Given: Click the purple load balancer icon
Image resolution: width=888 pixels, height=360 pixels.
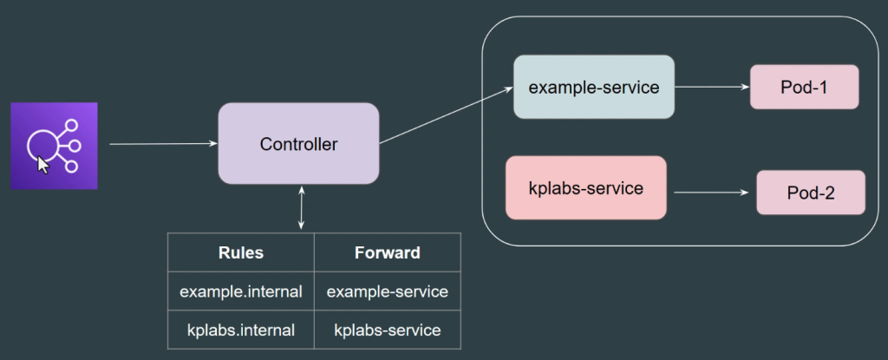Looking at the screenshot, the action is (54, 146).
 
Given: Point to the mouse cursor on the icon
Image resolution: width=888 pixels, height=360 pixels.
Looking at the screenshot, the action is (42, 165).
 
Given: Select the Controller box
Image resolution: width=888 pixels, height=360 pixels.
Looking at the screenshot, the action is (298, 143).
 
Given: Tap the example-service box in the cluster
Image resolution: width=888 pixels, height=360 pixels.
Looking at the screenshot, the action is (593, 87).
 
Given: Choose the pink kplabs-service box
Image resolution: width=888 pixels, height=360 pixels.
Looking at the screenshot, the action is (585, 187).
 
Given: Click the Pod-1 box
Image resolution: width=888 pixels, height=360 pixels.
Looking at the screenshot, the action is (804, 87).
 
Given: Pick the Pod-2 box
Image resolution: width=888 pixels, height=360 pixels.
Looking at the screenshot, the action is (811, 193).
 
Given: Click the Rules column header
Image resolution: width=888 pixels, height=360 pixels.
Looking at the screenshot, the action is (241, 252).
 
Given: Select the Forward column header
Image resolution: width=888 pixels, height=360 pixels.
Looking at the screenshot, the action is (388, 252).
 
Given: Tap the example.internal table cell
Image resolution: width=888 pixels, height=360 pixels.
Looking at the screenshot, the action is (241, 291).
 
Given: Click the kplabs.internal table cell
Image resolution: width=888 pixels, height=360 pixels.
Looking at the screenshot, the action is (241, 330).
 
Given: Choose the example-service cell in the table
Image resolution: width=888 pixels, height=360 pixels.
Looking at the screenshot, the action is (388, 291).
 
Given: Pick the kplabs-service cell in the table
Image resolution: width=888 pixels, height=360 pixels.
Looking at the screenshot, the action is (388, 330).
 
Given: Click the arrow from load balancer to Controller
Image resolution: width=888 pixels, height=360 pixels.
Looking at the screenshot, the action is (164, 144).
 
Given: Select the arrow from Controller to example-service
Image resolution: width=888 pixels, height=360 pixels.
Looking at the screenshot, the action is (447, 115).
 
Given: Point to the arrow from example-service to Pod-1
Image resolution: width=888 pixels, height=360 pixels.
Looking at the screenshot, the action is (713, 88).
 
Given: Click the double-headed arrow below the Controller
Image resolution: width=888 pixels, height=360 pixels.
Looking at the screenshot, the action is (301, 207).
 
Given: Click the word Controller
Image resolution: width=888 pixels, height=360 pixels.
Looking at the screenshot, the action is (298, 144).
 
